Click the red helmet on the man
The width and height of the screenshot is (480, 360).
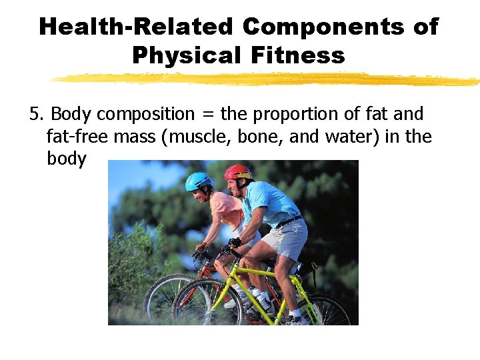click(x=238, y=172)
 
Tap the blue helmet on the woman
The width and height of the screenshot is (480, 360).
click(x=198, y=180)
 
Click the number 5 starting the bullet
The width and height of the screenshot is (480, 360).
click(x=34, y=115)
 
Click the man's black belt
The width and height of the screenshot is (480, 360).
click(x=289, y=221)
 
